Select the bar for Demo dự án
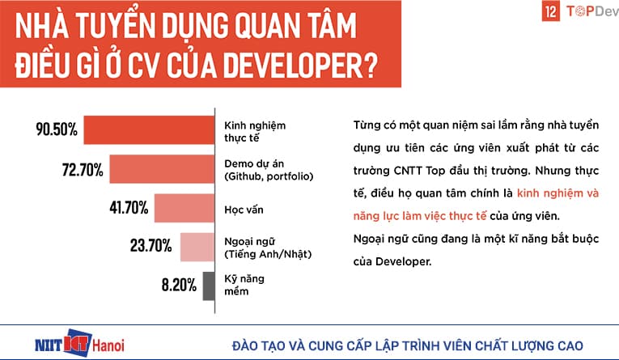[x=161, y=169]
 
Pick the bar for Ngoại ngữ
[x=197, y=248]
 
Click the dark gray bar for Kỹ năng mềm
[x=208, y=286]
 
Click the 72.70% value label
[x=79, y=169]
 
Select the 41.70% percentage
[x=127, y=209]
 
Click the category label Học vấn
[x=242, y=210]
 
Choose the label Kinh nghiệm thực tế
[x=251, y=132]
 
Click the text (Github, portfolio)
[x=268, y=176]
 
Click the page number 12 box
[x=528, y=13]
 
